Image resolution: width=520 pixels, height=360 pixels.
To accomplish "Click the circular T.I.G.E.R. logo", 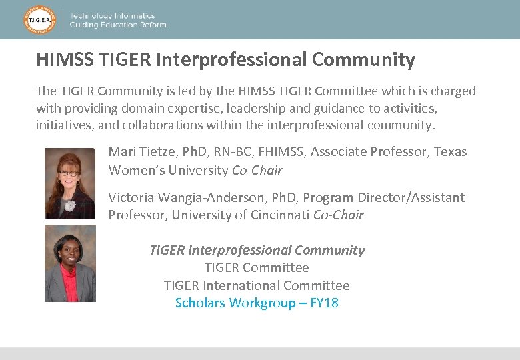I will tap(39, 20).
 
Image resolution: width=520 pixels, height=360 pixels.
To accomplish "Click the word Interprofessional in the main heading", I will tap(231, 60).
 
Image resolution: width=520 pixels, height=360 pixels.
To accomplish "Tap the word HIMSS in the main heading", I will tap(65, 60).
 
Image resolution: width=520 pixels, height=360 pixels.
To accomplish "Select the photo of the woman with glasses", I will tap(70, 183).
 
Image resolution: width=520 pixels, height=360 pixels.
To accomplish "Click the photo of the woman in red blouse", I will tap(70, 263).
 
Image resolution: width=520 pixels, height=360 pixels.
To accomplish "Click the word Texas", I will tap(451, 152).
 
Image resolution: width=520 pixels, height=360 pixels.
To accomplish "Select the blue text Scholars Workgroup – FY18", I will tap(257, 303).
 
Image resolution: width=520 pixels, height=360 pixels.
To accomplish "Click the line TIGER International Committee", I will tap(257, 286).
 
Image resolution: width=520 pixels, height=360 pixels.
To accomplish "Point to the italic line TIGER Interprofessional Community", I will tap(257, 251).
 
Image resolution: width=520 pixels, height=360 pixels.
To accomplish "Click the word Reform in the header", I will tap(153, 25).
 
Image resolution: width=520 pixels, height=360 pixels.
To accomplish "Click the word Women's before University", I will tap(135, 170).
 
